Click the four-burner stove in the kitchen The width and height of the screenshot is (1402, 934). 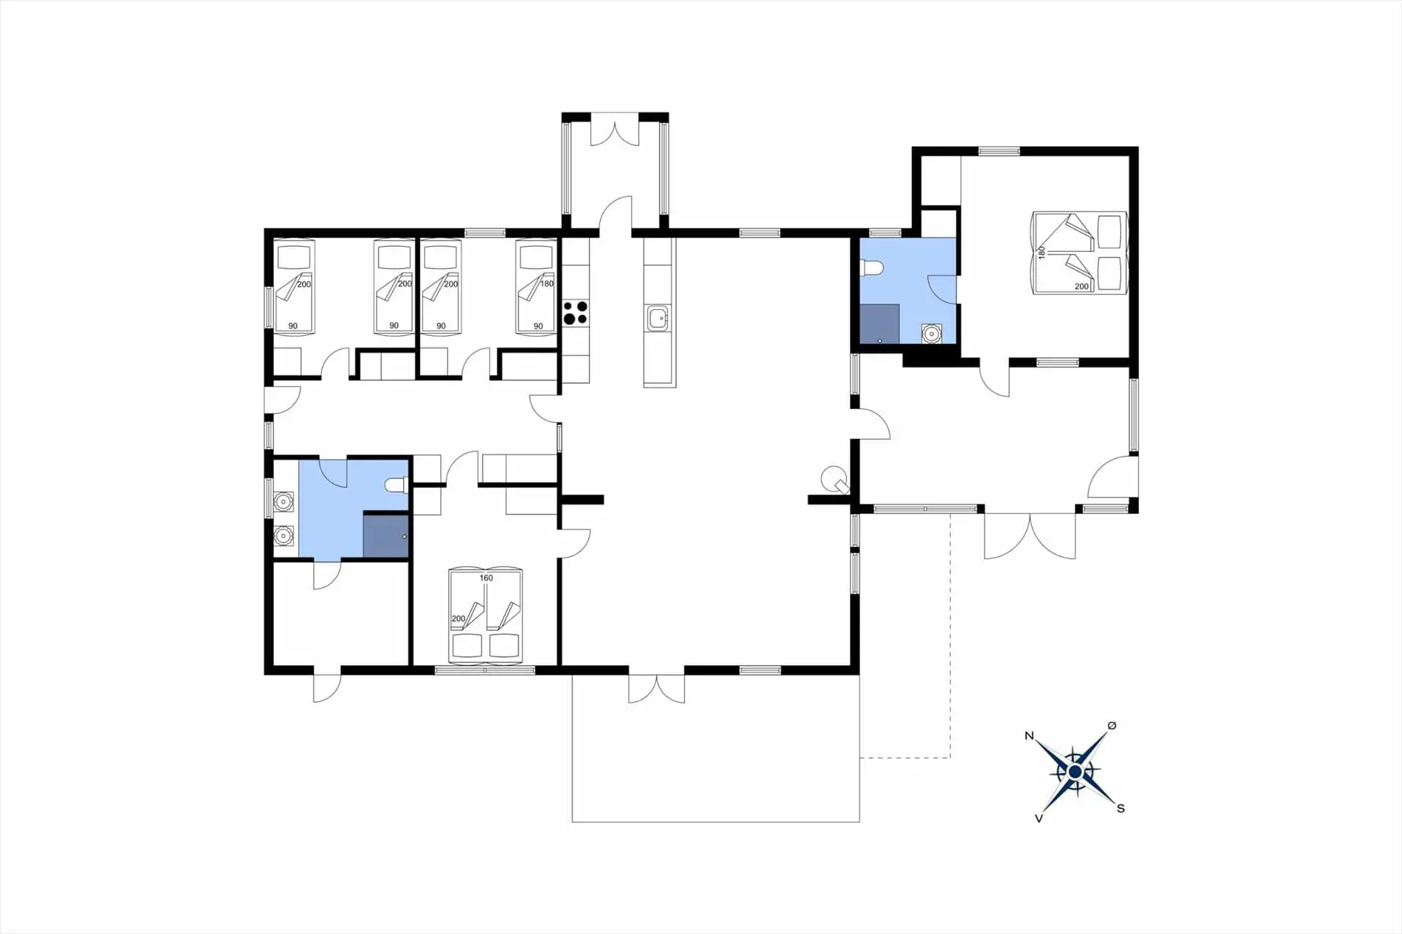(x=575, y=313)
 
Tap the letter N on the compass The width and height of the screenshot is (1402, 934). (x=1030, y=735)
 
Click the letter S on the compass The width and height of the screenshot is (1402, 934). (x=1121, y=808)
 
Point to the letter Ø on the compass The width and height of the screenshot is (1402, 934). (x=1112, y=725)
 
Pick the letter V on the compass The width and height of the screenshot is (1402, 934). (x=1038, y=819)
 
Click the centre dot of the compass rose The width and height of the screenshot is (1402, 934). (x=1075, y=772)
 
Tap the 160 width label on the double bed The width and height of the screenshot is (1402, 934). (x=486, y=578)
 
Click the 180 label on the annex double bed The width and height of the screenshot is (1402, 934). (x=1042, y=253)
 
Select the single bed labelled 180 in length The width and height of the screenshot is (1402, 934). (x=536, y=288)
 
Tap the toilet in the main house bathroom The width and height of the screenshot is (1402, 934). (x=397, y=485)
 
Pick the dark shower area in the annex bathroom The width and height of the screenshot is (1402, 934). (x=879, y=324)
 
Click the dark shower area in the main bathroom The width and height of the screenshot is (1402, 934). (x=386, y=536)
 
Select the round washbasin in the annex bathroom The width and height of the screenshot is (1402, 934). (x=931, y=334)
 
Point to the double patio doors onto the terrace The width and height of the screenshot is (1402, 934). (x=656, y=689)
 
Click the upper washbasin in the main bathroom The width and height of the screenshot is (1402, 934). (x=283, y=502)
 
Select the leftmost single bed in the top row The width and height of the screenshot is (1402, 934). (x=294, y=288)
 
